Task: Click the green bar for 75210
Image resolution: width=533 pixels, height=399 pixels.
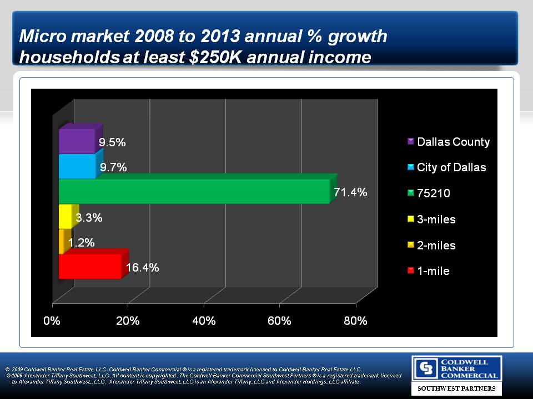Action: pos(194,192)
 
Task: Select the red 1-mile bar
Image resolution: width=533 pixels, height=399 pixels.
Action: pos(90,267)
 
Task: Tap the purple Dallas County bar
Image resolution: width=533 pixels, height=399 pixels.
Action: pos(77,141)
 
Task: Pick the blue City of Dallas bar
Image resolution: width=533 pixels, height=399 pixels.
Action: pos(77,166)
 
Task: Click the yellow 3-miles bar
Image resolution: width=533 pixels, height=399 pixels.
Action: pos(65,217)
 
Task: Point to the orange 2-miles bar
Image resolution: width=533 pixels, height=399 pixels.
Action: pos(61,242)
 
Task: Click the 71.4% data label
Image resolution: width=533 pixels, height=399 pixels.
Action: pos(350,192)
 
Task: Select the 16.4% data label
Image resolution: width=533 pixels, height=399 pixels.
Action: pos(143,268)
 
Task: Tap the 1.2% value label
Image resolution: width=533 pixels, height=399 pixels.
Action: pos(81,242)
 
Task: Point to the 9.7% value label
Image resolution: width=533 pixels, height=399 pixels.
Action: pos(113,167)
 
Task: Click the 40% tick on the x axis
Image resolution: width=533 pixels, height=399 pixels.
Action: pos(204,321)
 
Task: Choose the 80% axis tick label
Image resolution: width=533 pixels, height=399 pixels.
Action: pos(355,321)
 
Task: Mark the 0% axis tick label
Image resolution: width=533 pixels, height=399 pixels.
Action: pos(52,321)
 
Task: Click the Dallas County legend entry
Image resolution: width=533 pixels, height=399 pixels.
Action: pos(453,142)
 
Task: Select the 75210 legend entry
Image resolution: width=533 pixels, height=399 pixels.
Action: pos(433,193)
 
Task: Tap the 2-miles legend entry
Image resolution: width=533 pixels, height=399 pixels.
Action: pos(436,245)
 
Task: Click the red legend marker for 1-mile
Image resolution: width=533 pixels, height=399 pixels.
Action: pos(410,271)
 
